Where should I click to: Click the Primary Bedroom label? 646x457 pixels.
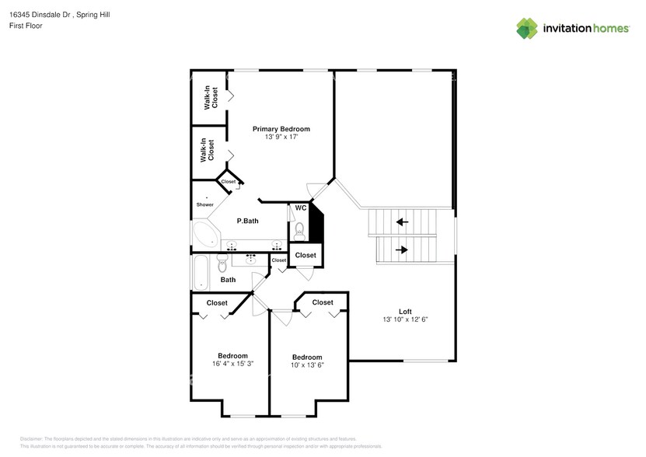click(281, 129)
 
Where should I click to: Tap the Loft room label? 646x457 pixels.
click(405, 311)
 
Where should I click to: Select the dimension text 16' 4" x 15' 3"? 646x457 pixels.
click(232, 363)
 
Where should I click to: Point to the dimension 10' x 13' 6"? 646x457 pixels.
click(306, 365)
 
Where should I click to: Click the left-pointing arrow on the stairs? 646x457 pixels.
click(402, 222)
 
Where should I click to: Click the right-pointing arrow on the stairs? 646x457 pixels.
click(402, 249)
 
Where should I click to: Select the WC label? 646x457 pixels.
click(300, 208)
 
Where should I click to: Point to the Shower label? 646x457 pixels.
click(204, 204)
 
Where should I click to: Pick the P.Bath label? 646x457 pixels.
click(247, 222)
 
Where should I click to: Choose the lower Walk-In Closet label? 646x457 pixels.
click(208, 150)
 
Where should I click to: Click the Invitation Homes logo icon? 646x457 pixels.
click(528, 29)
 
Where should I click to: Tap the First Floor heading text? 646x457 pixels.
click(26, 26)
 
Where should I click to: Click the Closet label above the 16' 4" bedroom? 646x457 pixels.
click(217, 303)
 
